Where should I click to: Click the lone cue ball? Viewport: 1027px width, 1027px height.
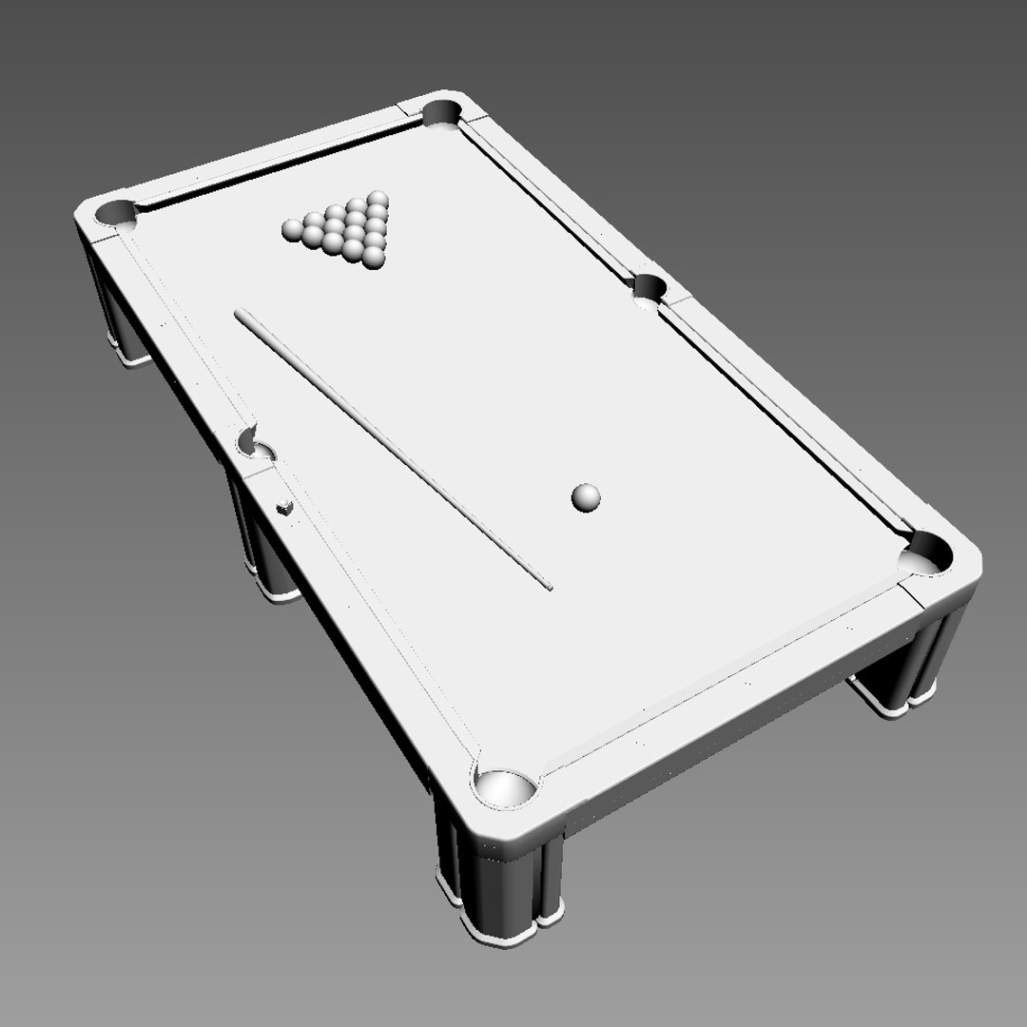tap(586, 496)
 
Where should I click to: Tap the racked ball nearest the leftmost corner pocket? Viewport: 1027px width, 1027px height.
tap(292, 228)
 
